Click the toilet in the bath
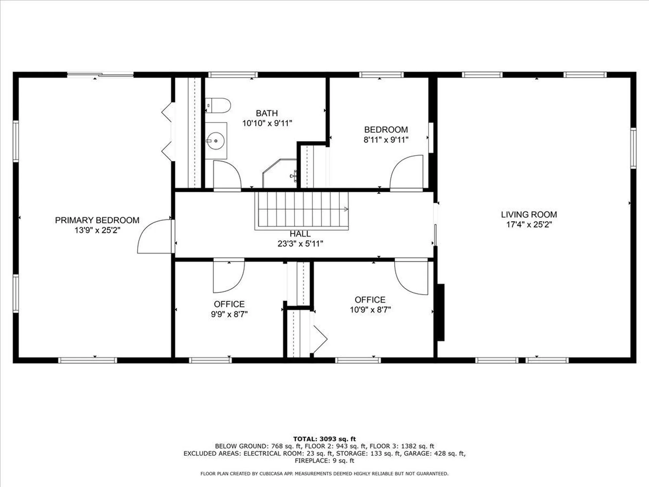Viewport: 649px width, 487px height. click(x=218, y=105)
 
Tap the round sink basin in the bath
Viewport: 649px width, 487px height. click(x=215, y=141)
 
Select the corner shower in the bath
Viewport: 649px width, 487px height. click(x=280, y=174)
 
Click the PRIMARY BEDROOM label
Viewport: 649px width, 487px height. click(x=97, y=220)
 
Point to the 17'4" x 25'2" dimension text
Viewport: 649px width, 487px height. click(x=529, y=224)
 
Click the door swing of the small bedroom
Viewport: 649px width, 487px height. click(x=407, y=172)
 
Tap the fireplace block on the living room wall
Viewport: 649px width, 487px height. click(x=441, y=312)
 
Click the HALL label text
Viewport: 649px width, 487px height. click(x=300, y=234)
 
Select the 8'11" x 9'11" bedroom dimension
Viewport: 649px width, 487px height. click(x=386, y=140)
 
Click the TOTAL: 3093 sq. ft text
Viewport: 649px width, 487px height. click(x=324, y=439)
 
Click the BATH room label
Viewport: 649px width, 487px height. click(x=267, y=113)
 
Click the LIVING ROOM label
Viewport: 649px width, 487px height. click(x=529, y=214)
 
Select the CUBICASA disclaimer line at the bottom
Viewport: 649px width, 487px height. click(x=324, y=473)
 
